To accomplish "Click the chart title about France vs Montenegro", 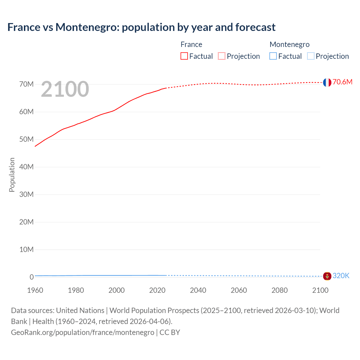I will [141, 27].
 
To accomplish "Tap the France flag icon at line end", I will [327, 82].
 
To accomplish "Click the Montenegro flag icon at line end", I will [327, 276].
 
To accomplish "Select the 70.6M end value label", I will [342, 82].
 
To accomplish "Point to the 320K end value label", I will [341, 276].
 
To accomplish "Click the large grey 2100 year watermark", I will [65, 89].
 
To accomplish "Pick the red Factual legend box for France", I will [184, 56].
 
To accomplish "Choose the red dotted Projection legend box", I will [222, 56].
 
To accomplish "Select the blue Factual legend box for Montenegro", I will [273, 56].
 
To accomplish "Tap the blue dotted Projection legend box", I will [311, 56].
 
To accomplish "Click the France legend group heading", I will [191, 44].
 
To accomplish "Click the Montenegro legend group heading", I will [289, 44].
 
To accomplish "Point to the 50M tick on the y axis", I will [26, 139].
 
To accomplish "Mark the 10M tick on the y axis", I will [26, 249].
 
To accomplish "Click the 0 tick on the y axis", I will [31, 277].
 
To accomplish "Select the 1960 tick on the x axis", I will [35, 290].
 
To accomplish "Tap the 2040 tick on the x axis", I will [198, 290].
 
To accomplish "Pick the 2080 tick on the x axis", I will [280, 290].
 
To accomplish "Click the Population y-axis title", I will [12, 175].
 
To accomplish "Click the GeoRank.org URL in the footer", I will [83, 332].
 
